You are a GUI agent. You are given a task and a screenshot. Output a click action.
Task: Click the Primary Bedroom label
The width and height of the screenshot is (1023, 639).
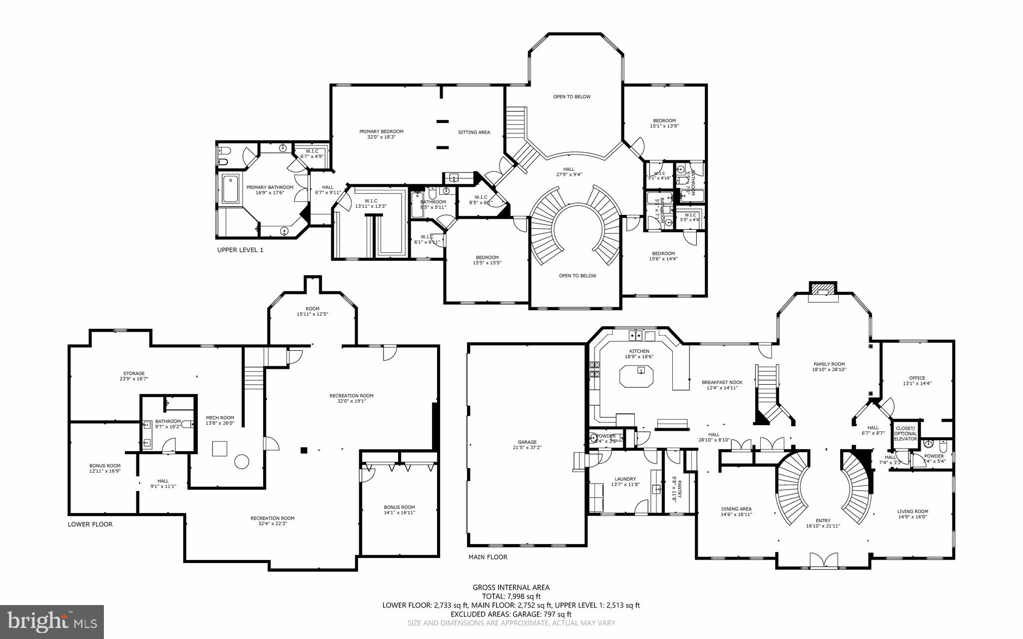click(x=381, y=132)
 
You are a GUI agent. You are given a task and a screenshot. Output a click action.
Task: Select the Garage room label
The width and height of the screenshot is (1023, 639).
click(x=527, y=442)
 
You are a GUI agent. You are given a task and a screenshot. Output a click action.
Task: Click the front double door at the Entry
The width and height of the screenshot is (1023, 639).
click(x=823, y=560)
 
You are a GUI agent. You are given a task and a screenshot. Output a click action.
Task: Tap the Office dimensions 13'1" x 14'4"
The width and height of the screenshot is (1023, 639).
click(x=917, y=384)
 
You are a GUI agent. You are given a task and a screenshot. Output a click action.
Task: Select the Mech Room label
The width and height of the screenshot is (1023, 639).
click(x=220, y=418)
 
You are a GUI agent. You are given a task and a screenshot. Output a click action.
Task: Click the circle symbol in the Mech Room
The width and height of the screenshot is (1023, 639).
click(x=242, y=461)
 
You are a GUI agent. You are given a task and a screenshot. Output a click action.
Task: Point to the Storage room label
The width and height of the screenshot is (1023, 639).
click(x=134, y=373)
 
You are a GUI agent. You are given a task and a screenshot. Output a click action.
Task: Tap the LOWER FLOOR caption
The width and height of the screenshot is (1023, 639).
click(x=90, y=524)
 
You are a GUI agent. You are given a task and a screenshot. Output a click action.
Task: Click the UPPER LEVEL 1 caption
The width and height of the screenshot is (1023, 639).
click(x=240, y=250)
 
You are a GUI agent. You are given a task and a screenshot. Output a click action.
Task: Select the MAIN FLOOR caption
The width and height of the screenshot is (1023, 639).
click(x=488, y=557)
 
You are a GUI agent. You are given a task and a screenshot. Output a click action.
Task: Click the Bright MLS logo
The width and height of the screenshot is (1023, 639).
click(x=52, y=622)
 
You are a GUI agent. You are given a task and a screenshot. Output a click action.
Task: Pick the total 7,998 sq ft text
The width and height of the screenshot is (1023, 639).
click(x=511, y=596)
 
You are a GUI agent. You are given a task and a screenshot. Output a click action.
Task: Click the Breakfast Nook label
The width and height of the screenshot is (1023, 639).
click(x=722, y=382)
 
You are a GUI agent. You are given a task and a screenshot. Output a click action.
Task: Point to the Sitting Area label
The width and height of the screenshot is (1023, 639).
click(x=474, y=132)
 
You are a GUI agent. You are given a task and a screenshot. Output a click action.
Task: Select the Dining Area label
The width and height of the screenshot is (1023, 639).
click(x=736, y=509)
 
